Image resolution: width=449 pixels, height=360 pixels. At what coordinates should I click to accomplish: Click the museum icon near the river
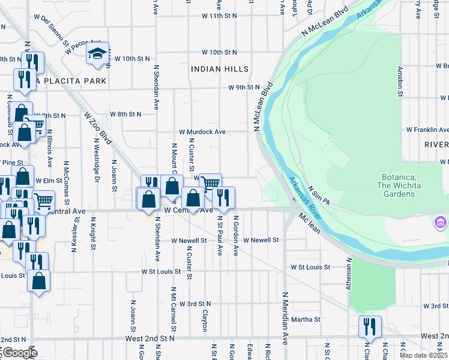point(440,223)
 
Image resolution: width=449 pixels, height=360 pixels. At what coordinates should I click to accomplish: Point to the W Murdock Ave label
point(202,131)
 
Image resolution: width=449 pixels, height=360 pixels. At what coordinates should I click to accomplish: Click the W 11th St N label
point(219,16)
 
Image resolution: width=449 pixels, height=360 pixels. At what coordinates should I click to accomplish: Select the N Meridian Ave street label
point(285,316)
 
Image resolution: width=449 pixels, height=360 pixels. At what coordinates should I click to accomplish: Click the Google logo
point(19,352)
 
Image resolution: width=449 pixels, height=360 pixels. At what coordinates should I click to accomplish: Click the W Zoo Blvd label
point(98,125)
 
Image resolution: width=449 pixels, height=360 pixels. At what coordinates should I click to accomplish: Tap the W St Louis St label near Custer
point(161,272)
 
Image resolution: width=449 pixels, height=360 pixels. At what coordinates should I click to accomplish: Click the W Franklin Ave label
point(427,130)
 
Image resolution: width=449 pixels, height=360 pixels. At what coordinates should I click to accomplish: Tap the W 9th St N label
point(243,88)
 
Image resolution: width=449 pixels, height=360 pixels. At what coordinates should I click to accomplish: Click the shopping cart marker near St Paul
point(210,184)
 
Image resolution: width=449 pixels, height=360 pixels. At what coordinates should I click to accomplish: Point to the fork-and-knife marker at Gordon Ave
point(223,197)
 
